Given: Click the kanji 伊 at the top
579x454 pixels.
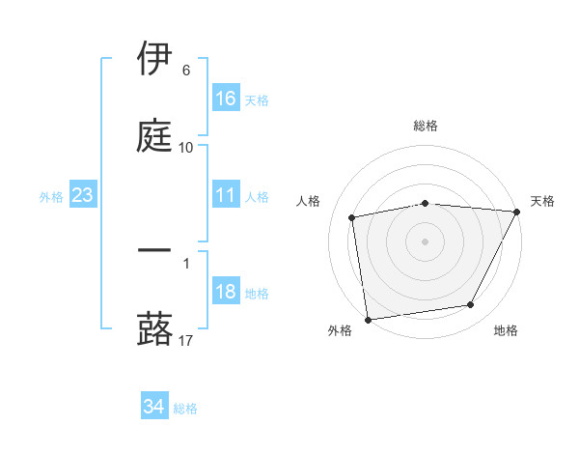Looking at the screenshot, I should [155, 59].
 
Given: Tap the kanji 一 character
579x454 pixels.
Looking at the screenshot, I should [155, 251].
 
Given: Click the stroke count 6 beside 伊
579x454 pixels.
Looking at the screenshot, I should [186, 71].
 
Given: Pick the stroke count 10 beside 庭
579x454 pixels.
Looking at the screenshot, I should [186, 147].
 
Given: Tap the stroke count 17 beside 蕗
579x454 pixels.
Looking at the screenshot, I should [186, 339].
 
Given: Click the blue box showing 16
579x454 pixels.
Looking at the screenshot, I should [226, 99].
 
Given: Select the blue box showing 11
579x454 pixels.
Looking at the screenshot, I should [226, 196].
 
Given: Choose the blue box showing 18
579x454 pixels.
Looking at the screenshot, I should [226, 293].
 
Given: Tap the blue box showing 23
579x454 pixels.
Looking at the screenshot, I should [83, 196].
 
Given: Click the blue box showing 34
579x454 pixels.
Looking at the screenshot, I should [154, 408].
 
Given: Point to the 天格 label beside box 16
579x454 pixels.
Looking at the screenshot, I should [257, 99].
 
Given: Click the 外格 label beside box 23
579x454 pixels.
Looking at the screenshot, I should [51, 197].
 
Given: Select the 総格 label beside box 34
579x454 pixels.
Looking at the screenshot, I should [186, 409].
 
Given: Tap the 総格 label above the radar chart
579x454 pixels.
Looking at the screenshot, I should [426, 126].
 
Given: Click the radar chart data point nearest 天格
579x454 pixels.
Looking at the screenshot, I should [518, 212].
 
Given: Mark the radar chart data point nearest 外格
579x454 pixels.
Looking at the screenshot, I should [368, 319].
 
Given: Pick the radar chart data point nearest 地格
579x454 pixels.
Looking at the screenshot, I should [471, 305].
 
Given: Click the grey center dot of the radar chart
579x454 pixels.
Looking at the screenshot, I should [426, 241].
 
